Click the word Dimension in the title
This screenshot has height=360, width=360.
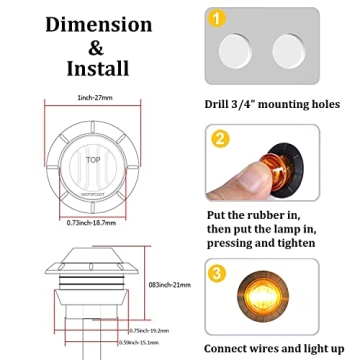click(98, 23)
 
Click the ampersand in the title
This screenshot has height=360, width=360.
click(97, 46)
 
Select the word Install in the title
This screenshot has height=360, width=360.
click(97, 69)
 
